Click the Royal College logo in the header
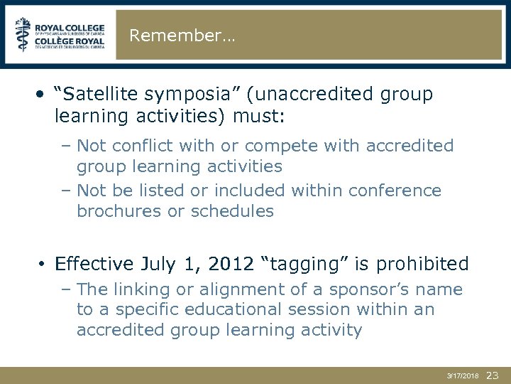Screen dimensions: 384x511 60,35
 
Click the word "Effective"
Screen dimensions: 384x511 94,264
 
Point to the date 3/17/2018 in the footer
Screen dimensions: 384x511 462,375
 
